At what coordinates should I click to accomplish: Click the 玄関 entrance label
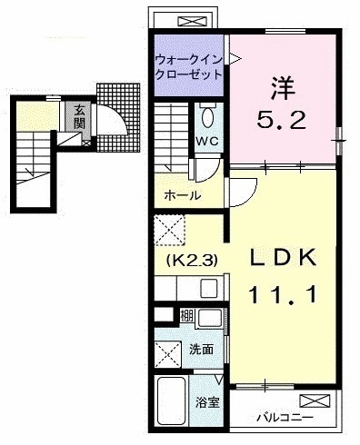(x=79, y=117)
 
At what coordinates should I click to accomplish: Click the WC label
(x=207, y=142)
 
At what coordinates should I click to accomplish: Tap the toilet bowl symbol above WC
(x=207, y=116)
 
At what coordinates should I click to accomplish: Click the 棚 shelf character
(x=186, y=317)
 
